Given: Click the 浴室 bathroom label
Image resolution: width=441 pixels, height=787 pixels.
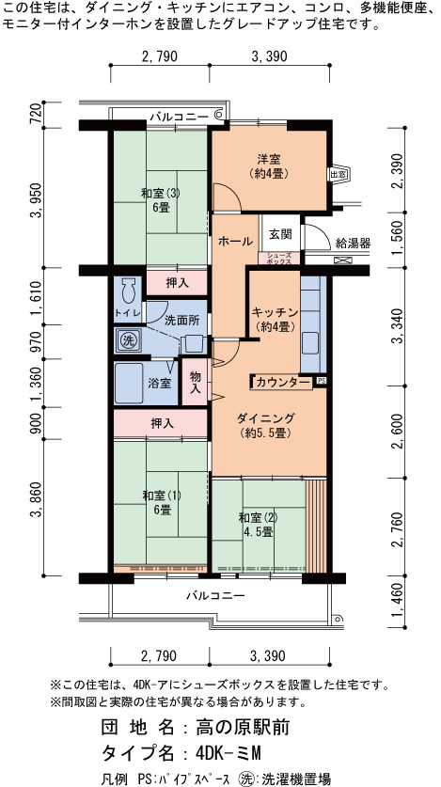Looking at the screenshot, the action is pyautogui.click(x=159, y=384).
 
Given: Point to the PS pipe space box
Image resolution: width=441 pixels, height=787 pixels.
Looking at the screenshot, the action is pyautogui.click(x=321, y=381).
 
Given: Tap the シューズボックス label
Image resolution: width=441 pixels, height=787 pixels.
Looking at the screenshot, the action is pyautogui.click(x=279, y=258).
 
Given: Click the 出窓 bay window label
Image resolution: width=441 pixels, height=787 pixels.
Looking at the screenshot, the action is pyautogui.click(x=338, y=175).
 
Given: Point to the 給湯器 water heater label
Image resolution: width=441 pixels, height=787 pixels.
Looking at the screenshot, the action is pyautogui.click(x=353, y=244).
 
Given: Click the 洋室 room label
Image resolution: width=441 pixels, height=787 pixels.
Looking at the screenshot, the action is pyautogui.click(x=268, y=166).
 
